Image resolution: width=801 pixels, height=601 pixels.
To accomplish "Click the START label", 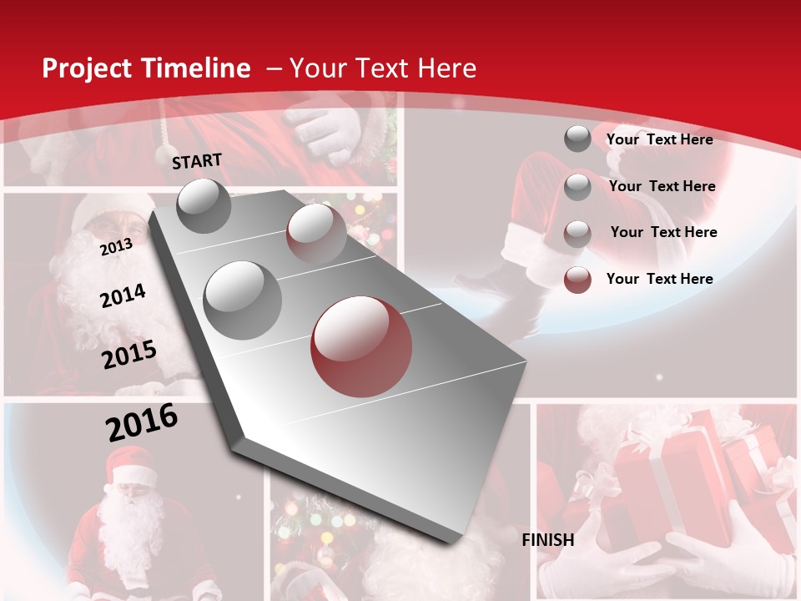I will (197, 161).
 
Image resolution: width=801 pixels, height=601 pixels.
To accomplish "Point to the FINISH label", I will (548, 540).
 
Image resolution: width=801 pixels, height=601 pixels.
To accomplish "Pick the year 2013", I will (116, 247).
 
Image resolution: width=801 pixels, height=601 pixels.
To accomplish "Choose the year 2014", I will (123, 296).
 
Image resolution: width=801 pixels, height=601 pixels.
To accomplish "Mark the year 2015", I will (129, 355).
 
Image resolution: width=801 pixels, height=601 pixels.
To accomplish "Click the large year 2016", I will (142, 422).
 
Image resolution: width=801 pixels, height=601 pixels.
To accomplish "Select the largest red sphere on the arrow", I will (361, 346).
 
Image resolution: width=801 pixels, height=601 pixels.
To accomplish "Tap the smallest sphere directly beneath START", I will (204, 205).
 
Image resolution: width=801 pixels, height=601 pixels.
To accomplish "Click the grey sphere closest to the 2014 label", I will (243, 300).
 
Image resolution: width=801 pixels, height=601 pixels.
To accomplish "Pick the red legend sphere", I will (577, 280).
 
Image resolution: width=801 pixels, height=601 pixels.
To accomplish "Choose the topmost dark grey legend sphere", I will (577, 139).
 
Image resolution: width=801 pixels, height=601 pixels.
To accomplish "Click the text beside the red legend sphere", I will (659, 279).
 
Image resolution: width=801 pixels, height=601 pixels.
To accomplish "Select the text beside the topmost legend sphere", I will (659, 139).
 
